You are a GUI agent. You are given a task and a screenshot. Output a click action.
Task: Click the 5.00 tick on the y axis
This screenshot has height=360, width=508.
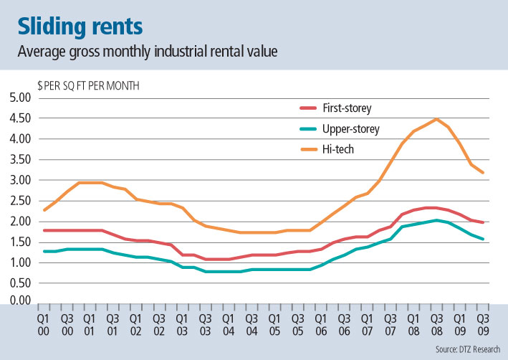point(21,98)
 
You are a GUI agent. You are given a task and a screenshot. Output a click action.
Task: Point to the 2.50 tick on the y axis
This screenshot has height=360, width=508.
point(21,201)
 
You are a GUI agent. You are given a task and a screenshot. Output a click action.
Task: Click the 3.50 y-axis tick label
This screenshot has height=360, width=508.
point(21,159)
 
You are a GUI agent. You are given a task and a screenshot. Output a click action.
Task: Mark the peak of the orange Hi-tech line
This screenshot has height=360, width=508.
point(436,119)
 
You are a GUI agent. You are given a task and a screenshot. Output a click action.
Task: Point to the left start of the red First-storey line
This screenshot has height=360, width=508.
point(44,230)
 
